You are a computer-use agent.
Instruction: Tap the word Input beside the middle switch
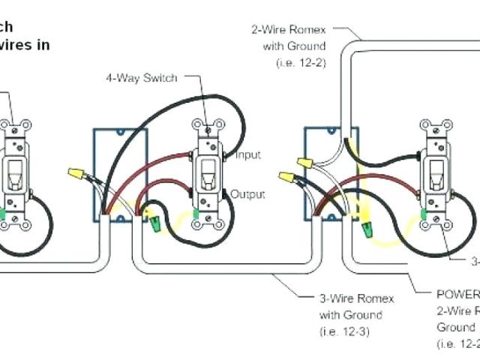point(247,155)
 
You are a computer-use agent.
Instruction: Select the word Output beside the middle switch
point(247,194)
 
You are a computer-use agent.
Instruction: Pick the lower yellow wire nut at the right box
point(286,178)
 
